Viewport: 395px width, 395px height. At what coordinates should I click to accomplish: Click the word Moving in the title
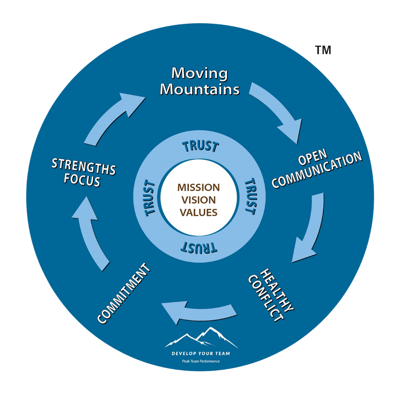(199, 73)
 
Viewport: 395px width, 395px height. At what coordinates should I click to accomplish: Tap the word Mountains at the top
(200, 89)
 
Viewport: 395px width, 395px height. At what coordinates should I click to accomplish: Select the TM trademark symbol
(323, 50)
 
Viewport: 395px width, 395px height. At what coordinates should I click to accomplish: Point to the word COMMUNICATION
(317, 170)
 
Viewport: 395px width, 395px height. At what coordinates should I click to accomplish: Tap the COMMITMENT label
(124, 293)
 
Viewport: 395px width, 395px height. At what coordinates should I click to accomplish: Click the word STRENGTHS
(84, 166)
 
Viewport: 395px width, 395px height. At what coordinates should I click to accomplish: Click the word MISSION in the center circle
(199, 188)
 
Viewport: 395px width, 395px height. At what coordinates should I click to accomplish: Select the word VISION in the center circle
(199, 200)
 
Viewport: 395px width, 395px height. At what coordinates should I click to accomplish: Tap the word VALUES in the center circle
(199, 212)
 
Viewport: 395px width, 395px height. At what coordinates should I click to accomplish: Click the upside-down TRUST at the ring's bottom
(199, 248)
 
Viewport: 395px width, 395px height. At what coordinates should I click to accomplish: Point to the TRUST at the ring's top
(200, 146)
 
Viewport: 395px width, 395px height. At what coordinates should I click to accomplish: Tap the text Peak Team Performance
(201, 361)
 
